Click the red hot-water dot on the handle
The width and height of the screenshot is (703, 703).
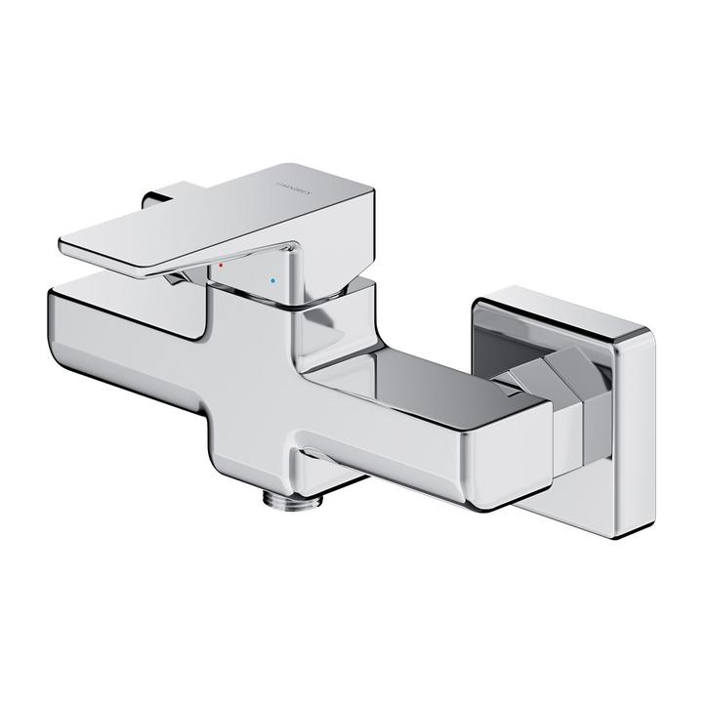[x=222, y=266]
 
